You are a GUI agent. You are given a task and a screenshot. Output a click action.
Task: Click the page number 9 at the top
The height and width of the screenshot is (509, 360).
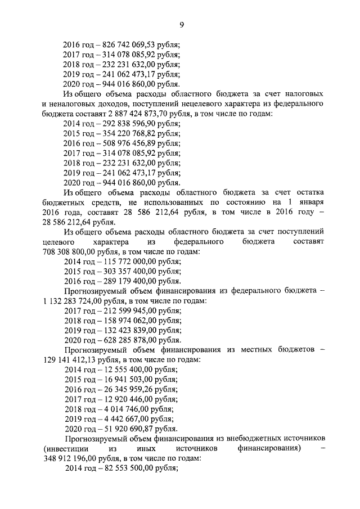[x=182, y=24]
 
